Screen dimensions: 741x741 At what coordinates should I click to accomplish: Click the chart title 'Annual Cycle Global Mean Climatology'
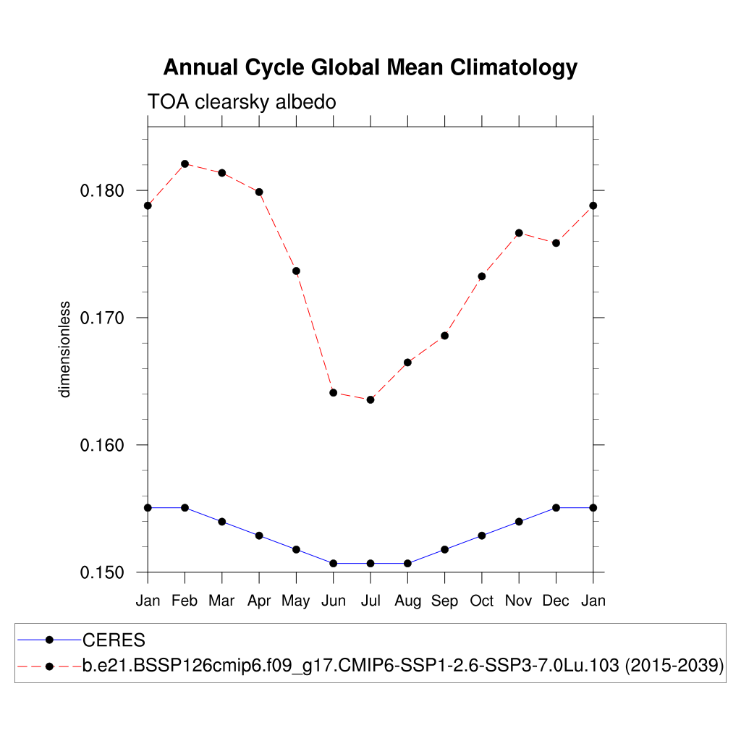(x=370, y=67)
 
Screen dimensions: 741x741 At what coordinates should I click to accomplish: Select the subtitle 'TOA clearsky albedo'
(x=242, y=102)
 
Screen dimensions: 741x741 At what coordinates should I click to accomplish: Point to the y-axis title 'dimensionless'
(x=65, y=350)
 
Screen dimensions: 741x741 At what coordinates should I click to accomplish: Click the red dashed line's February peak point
(x=185, y=164)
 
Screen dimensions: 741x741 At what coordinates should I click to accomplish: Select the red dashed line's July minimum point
(x=370, y=399)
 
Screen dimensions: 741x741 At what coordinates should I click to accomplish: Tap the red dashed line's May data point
(x=296, y=271)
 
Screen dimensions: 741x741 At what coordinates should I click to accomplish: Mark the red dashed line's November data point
(x=519, y=233)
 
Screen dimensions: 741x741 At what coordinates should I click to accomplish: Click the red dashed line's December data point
(x=556, y=243)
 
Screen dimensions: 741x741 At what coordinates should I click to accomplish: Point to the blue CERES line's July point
(x=370, y=563)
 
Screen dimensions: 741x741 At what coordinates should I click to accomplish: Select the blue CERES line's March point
(x=222, y=522)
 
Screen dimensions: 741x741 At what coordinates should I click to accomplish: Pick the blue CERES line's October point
(x=482, y=535)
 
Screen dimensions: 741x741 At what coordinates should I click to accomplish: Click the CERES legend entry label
(x=114, y=640)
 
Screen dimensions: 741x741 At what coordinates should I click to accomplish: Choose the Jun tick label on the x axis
(x=333, y=601)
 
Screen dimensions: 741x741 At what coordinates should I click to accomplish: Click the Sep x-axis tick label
(x=444, y=601)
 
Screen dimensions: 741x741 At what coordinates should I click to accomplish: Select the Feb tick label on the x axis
(x=185, y=601)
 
